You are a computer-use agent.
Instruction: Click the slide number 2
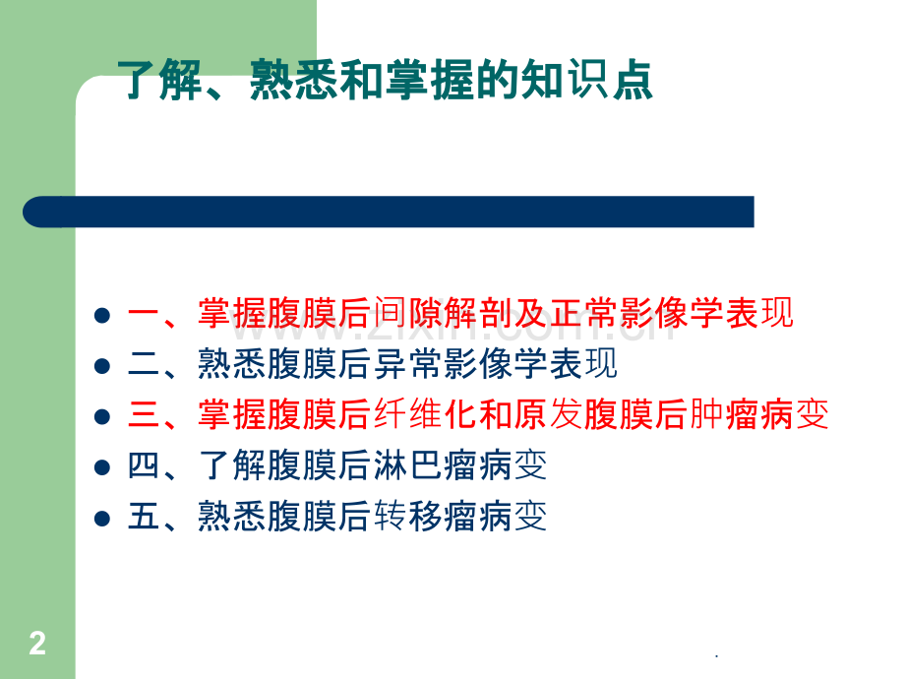(x=37, y=645)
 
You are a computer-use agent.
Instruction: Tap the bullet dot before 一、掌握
(x=101, y=315)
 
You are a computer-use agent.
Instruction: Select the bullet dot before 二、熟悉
(x=101, y=366)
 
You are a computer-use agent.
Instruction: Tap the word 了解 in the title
(x=151, y=81)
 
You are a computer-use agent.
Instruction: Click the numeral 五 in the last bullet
(x=145, y=517)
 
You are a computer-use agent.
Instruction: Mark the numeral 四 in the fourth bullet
(x=145, y=466)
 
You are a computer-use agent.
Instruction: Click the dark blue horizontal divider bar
(x=389, y=212)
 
